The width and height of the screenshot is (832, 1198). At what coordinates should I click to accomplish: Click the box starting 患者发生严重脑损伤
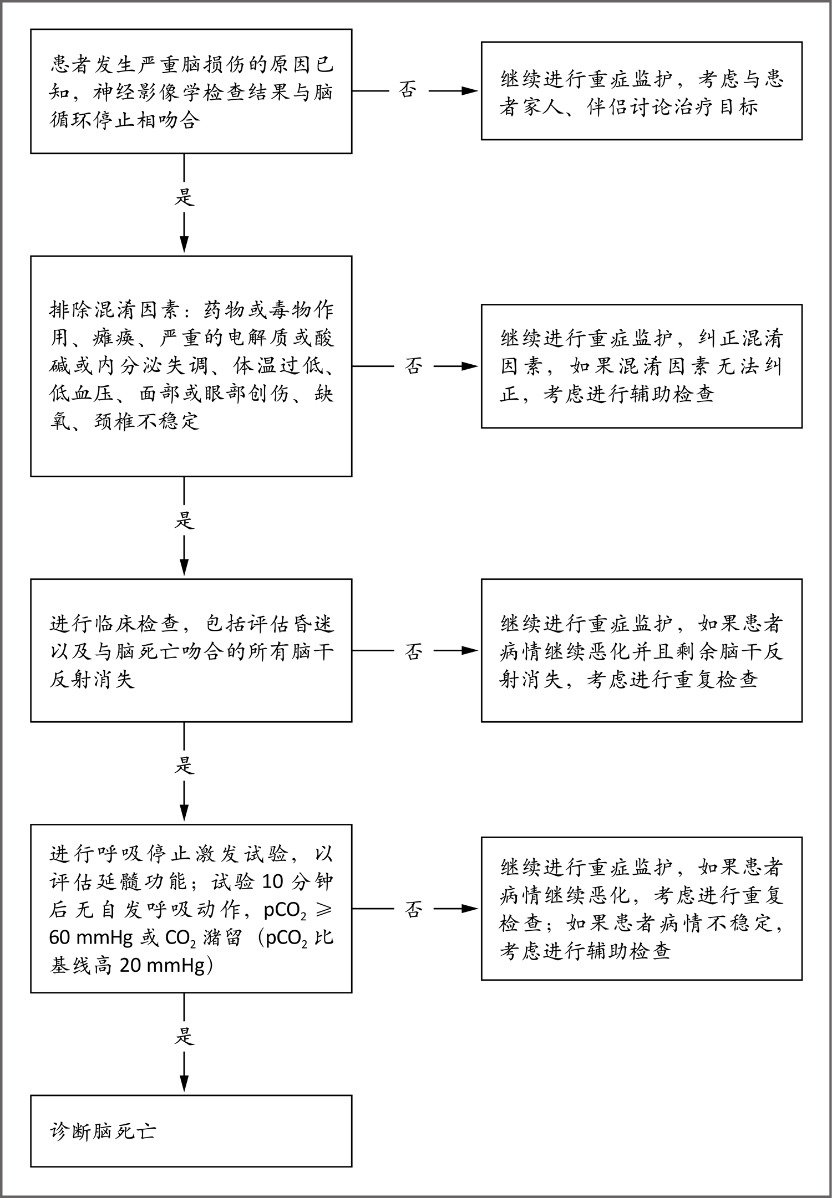tap(191, 91)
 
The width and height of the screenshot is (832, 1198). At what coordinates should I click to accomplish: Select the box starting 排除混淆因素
tap(191, 366)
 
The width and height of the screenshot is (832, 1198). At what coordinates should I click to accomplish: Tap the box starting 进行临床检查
tap(191, 650)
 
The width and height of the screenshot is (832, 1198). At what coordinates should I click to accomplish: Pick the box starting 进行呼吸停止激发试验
tap(191, 909)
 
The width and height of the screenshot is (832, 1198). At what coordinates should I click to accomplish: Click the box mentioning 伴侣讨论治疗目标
tap(641, 91)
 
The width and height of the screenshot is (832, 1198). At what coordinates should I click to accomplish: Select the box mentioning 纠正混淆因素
tap(641, 366)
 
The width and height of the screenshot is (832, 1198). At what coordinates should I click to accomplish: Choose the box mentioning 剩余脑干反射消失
tap(641, 650)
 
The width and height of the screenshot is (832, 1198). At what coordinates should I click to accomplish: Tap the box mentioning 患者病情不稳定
tap(641, 909)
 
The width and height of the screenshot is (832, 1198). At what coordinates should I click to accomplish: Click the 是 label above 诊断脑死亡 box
tap(184, 1036)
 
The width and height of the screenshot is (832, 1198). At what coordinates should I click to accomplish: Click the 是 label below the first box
tap(184, 197)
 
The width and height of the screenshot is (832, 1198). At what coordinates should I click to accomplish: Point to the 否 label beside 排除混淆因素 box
tap(413, 366)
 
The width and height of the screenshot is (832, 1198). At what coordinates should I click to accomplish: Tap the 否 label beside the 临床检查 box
tap(413, 651)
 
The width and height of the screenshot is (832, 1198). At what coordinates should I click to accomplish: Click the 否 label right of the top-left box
tap(408, 90)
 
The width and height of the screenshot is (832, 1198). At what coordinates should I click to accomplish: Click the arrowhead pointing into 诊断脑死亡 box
tap(184, 1085)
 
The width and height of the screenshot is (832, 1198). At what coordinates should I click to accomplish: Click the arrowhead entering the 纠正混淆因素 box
tap(470, 366)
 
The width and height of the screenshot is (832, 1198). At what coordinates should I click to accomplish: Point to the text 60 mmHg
tap(91, 937)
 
